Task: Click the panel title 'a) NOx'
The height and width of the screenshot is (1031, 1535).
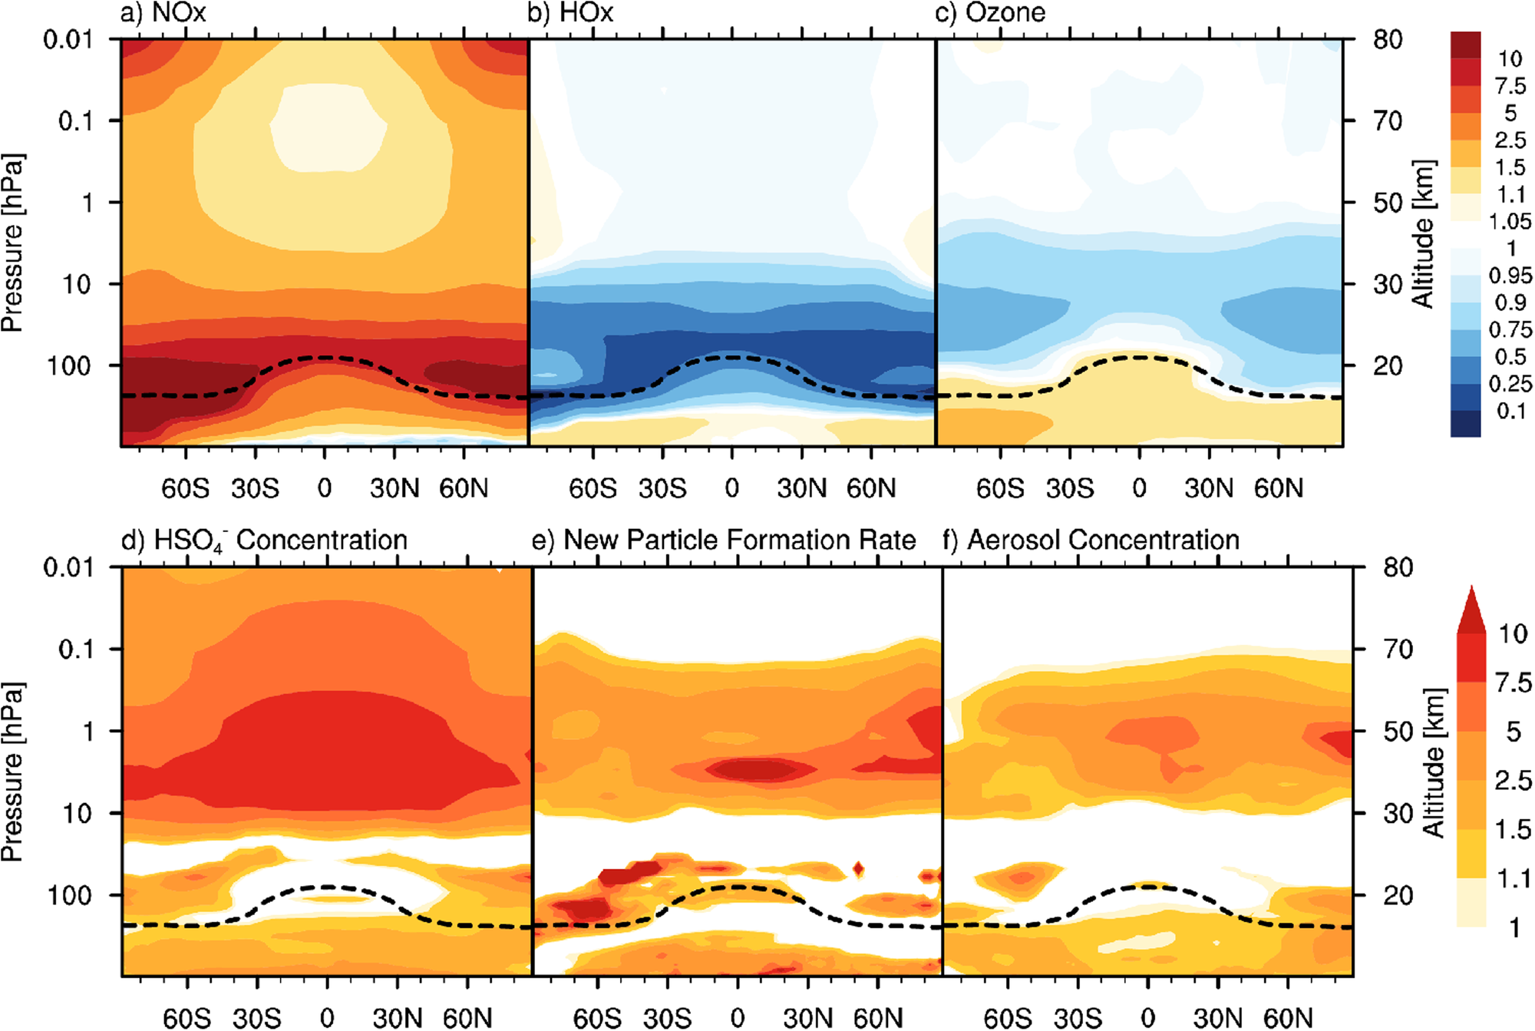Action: (x=163, y=13)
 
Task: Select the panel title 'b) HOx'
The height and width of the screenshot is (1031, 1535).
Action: (x=571, y=13)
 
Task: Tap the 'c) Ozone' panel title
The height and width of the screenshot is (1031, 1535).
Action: (x=990, y=13)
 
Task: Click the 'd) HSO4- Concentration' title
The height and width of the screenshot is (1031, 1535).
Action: (x=265, y=540)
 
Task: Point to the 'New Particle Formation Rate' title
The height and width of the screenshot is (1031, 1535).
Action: (x=739, y=540)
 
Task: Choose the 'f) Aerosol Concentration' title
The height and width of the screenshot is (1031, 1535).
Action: (x=1091, y=540)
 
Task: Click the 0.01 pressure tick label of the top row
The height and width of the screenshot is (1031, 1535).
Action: (x=67, y=39)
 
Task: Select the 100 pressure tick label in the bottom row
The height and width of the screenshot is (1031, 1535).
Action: (x=70, y=895)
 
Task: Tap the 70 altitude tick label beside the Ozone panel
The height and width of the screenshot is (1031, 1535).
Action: (x=1388, y=121)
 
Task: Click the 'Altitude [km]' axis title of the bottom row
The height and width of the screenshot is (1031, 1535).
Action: (x=1433, y=762)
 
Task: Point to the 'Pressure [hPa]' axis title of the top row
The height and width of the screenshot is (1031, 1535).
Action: (x=12, y=243)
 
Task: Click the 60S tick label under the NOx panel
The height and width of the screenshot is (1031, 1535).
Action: (x=186, y=488)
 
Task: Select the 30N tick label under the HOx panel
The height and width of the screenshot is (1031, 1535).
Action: (x=801, y=488)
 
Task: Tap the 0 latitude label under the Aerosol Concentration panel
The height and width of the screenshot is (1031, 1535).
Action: (x=1147, y=1018)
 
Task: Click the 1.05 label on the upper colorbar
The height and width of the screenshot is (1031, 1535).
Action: (x=1510, y=222)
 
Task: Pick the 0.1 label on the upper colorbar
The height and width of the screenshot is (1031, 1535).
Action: (x=1510, y=411)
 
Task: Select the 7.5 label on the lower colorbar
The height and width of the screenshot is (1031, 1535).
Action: (x=1513, y=682)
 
